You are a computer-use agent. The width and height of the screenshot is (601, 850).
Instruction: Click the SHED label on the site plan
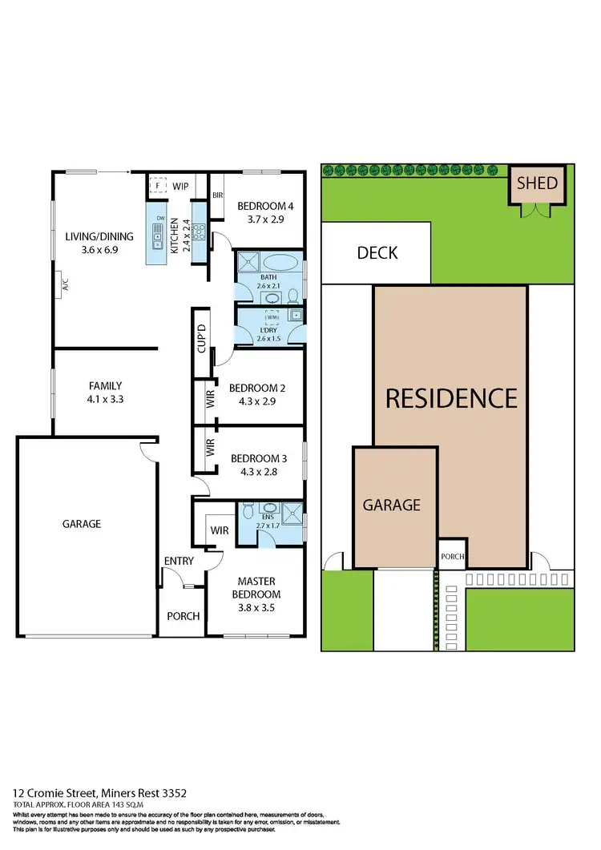pyautogui.click(x=537, y=183)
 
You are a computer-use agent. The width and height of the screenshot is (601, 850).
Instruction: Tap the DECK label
pyautogui.click(x=377, y=253)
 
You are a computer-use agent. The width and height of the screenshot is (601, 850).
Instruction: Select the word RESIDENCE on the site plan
pyautogui.click(x=451, y=398)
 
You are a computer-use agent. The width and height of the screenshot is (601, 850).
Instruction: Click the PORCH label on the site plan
pyautogui.click(x=452, y=557)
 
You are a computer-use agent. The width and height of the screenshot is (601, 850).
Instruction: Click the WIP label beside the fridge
pyautogui.click(x=181, y=186)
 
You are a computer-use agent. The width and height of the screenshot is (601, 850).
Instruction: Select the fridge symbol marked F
pyautogui.click(x=159, y=186)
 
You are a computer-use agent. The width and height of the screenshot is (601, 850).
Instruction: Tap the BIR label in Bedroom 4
pyautogui.click(x=216, y=195)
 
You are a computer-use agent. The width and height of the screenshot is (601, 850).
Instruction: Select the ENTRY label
pyautogui.click(x=179, y=561)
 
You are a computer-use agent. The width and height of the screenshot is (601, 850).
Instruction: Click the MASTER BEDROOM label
pyautogui.click(x=257, y=588)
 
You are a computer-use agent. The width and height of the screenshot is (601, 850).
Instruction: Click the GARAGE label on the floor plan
pyautogui.click(x=82, y=524)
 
